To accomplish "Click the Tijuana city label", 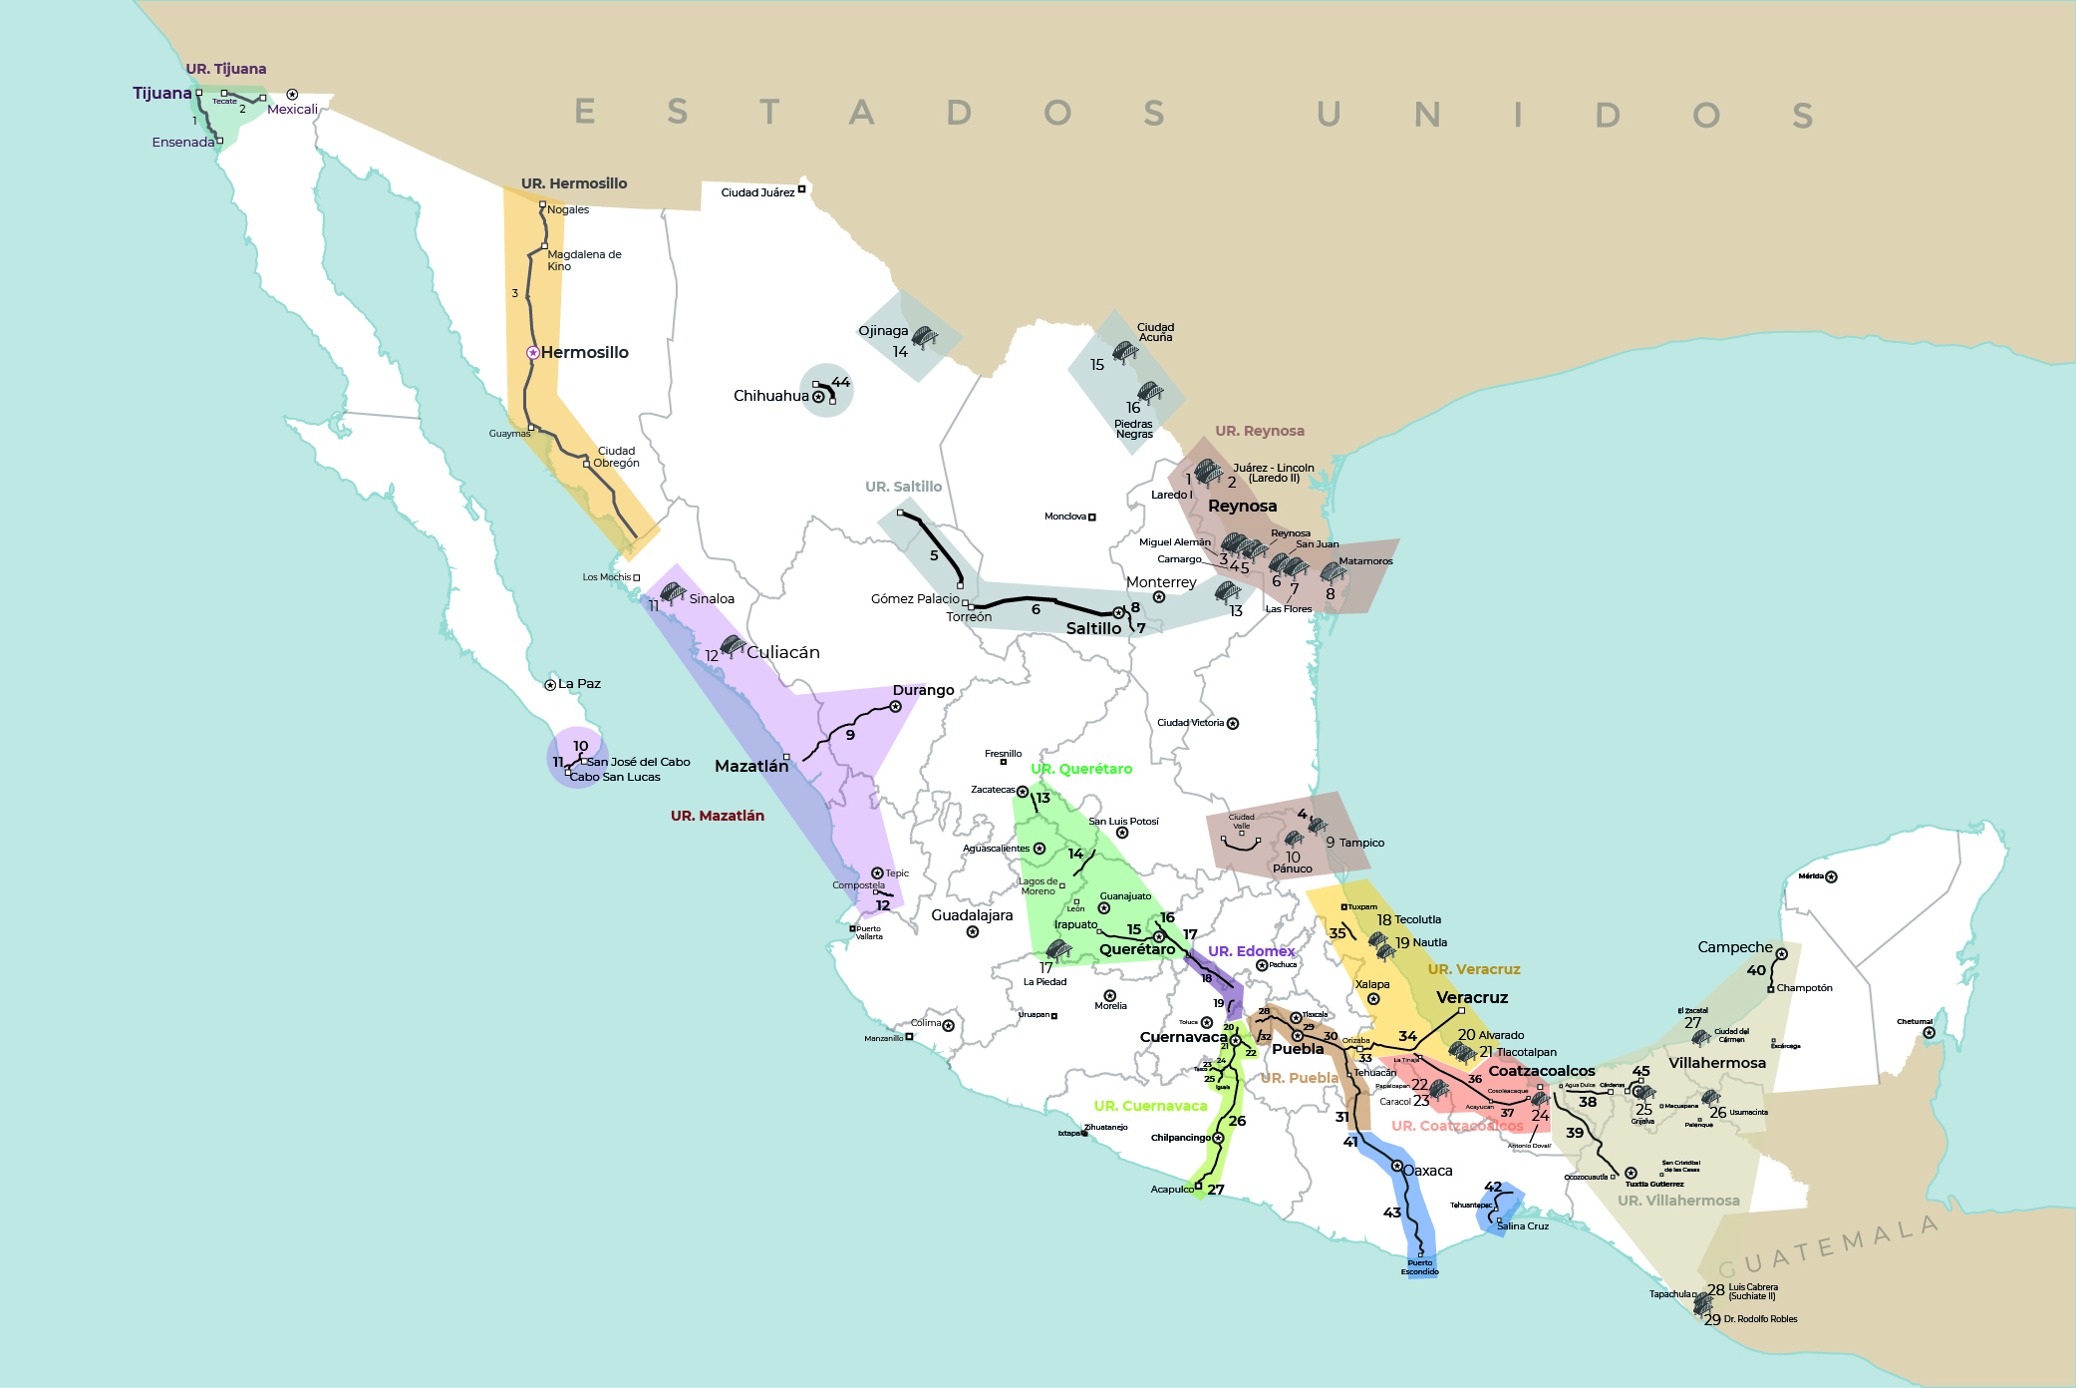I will pos(161,93).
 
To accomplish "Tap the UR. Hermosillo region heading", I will pos(574,183).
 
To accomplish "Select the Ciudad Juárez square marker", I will pos(801,188).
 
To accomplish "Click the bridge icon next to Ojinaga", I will pos(924,337).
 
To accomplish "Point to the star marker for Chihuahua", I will pos(818,397).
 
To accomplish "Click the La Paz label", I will pos(579,684).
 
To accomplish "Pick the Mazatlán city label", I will pos(751,766).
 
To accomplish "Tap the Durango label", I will pos(923,690).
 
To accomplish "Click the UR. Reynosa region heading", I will pos(1259,431).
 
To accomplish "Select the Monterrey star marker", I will pos(1159,597).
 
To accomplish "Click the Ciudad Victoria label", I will pos(1190,723).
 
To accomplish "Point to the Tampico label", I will pos(1361,843).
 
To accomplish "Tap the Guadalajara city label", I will pos(972,915).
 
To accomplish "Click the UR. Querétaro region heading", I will pos(1081,769).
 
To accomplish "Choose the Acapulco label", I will pos(1171,1189).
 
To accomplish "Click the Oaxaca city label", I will pos(1428,1171).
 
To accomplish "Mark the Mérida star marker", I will pos(1831,877).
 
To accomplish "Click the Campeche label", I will pos(1735,947).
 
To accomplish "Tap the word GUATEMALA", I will pos(1829,1246).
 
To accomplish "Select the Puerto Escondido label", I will pos(1419,1267).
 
